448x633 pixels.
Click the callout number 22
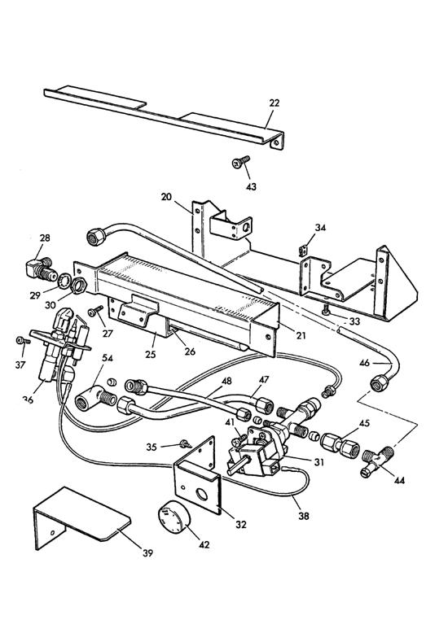click(x=274, y=103)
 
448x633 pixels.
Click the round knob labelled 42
click(x=173, y=518)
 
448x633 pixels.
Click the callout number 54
click(x=107, y=356)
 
